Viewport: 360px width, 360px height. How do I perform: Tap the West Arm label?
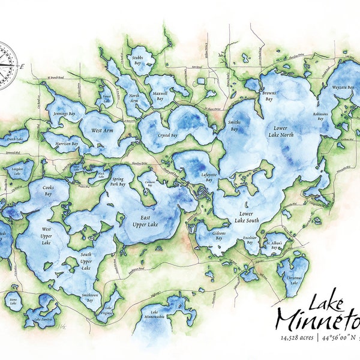point(103,130)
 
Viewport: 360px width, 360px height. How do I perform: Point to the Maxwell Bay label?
point(160,96)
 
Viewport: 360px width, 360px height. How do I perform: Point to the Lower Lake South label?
point(245,217)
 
